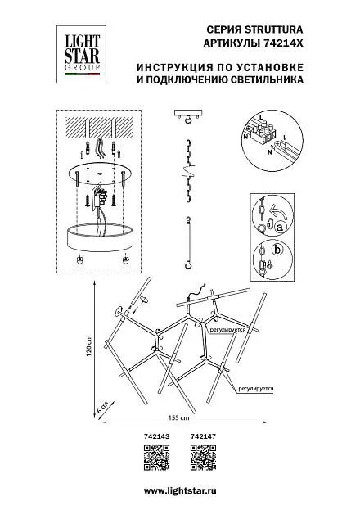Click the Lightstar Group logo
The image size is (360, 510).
coord(81,54)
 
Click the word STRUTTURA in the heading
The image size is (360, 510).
coord(273,30)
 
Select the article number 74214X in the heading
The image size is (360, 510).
coord(281,43)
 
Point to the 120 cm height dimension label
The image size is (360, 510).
coord(89,347)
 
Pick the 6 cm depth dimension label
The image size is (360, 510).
coord(103,407)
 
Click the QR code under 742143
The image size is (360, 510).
coord(156,458)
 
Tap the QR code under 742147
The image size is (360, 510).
coord(203,458)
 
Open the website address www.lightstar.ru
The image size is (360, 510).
coord(180,491)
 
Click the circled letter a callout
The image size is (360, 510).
coord(279,228)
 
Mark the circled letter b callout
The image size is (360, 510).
coord(277,250)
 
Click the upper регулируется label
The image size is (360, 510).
coord(227,329)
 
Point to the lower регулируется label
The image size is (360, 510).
coord(255,388)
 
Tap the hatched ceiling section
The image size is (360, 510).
coord(99,128)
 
